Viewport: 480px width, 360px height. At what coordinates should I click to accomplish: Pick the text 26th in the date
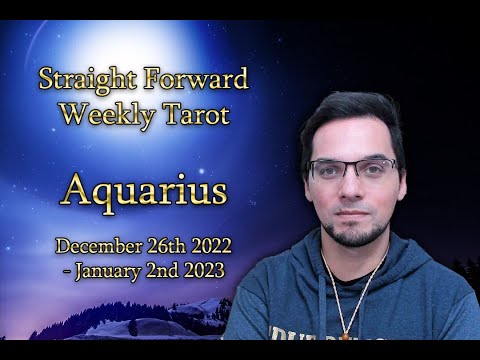coord(174,245)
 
